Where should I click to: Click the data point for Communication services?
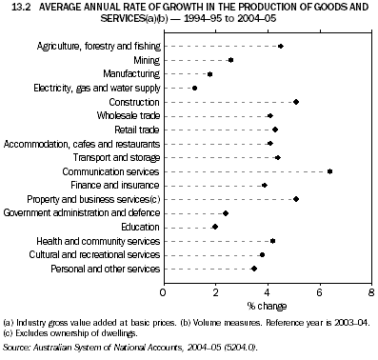point(329,171)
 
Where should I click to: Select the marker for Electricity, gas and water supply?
point(195,88)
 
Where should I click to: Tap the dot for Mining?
point(230,60)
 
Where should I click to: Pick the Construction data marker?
point(296,102)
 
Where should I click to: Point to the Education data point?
point(215,227)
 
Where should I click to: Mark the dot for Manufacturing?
point(209,73)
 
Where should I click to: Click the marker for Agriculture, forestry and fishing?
point(280,46)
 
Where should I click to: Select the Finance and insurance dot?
point(264,186)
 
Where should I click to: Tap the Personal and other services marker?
point(253,269)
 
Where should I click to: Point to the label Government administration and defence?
point(82,213)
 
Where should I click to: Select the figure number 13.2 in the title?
point(12,7)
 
